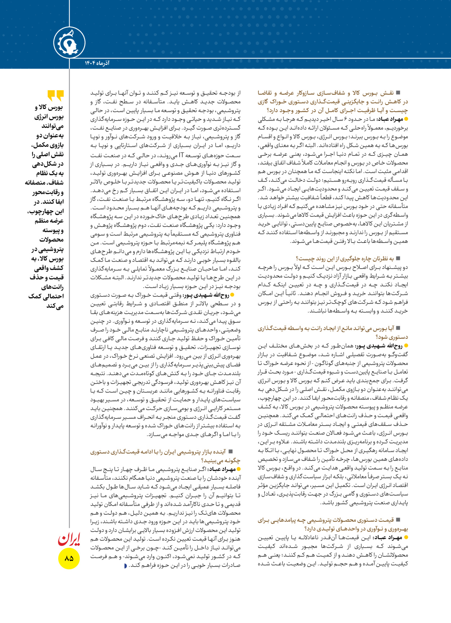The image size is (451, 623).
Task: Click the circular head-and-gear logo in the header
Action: [69, 43]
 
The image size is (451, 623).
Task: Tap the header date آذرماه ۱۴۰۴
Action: [97, 63]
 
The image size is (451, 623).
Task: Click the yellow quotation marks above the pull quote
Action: [56, 96]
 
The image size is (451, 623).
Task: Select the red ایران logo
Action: [69, 539]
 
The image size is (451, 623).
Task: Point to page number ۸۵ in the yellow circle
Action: [69, 558]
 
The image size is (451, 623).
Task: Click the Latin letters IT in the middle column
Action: [181, 156]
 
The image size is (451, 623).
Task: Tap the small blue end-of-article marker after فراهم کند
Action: [125, 566]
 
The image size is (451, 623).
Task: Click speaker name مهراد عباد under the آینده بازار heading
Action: [221, 469]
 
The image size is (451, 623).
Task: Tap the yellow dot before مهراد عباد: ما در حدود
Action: [406, 119]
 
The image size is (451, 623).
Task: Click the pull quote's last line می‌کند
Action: [55, 306]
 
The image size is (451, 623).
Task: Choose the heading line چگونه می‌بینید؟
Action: [220, 461]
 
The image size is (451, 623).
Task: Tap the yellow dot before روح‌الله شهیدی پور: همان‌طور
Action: [406, 346]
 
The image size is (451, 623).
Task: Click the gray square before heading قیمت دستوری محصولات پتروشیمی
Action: [398, 520]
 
